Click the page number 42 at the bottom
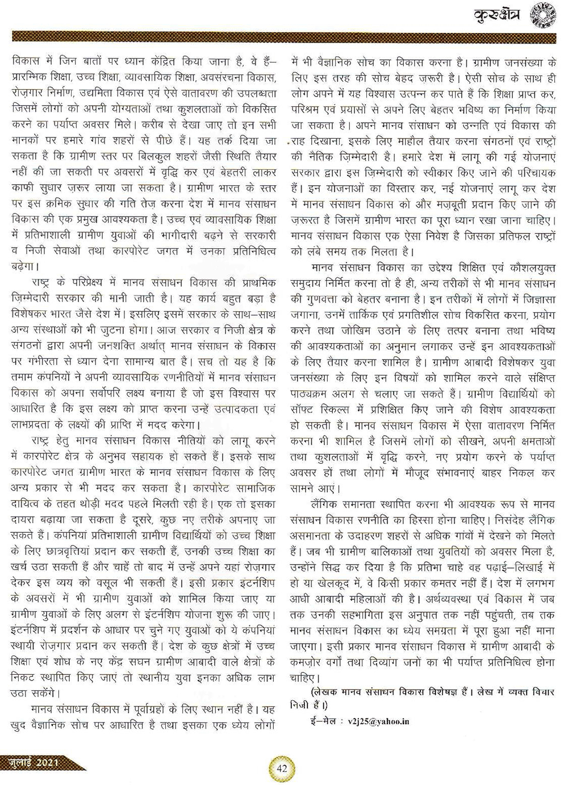click(x=281, y=768)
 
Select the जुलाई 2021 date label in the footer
click(x=38, y=761)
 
